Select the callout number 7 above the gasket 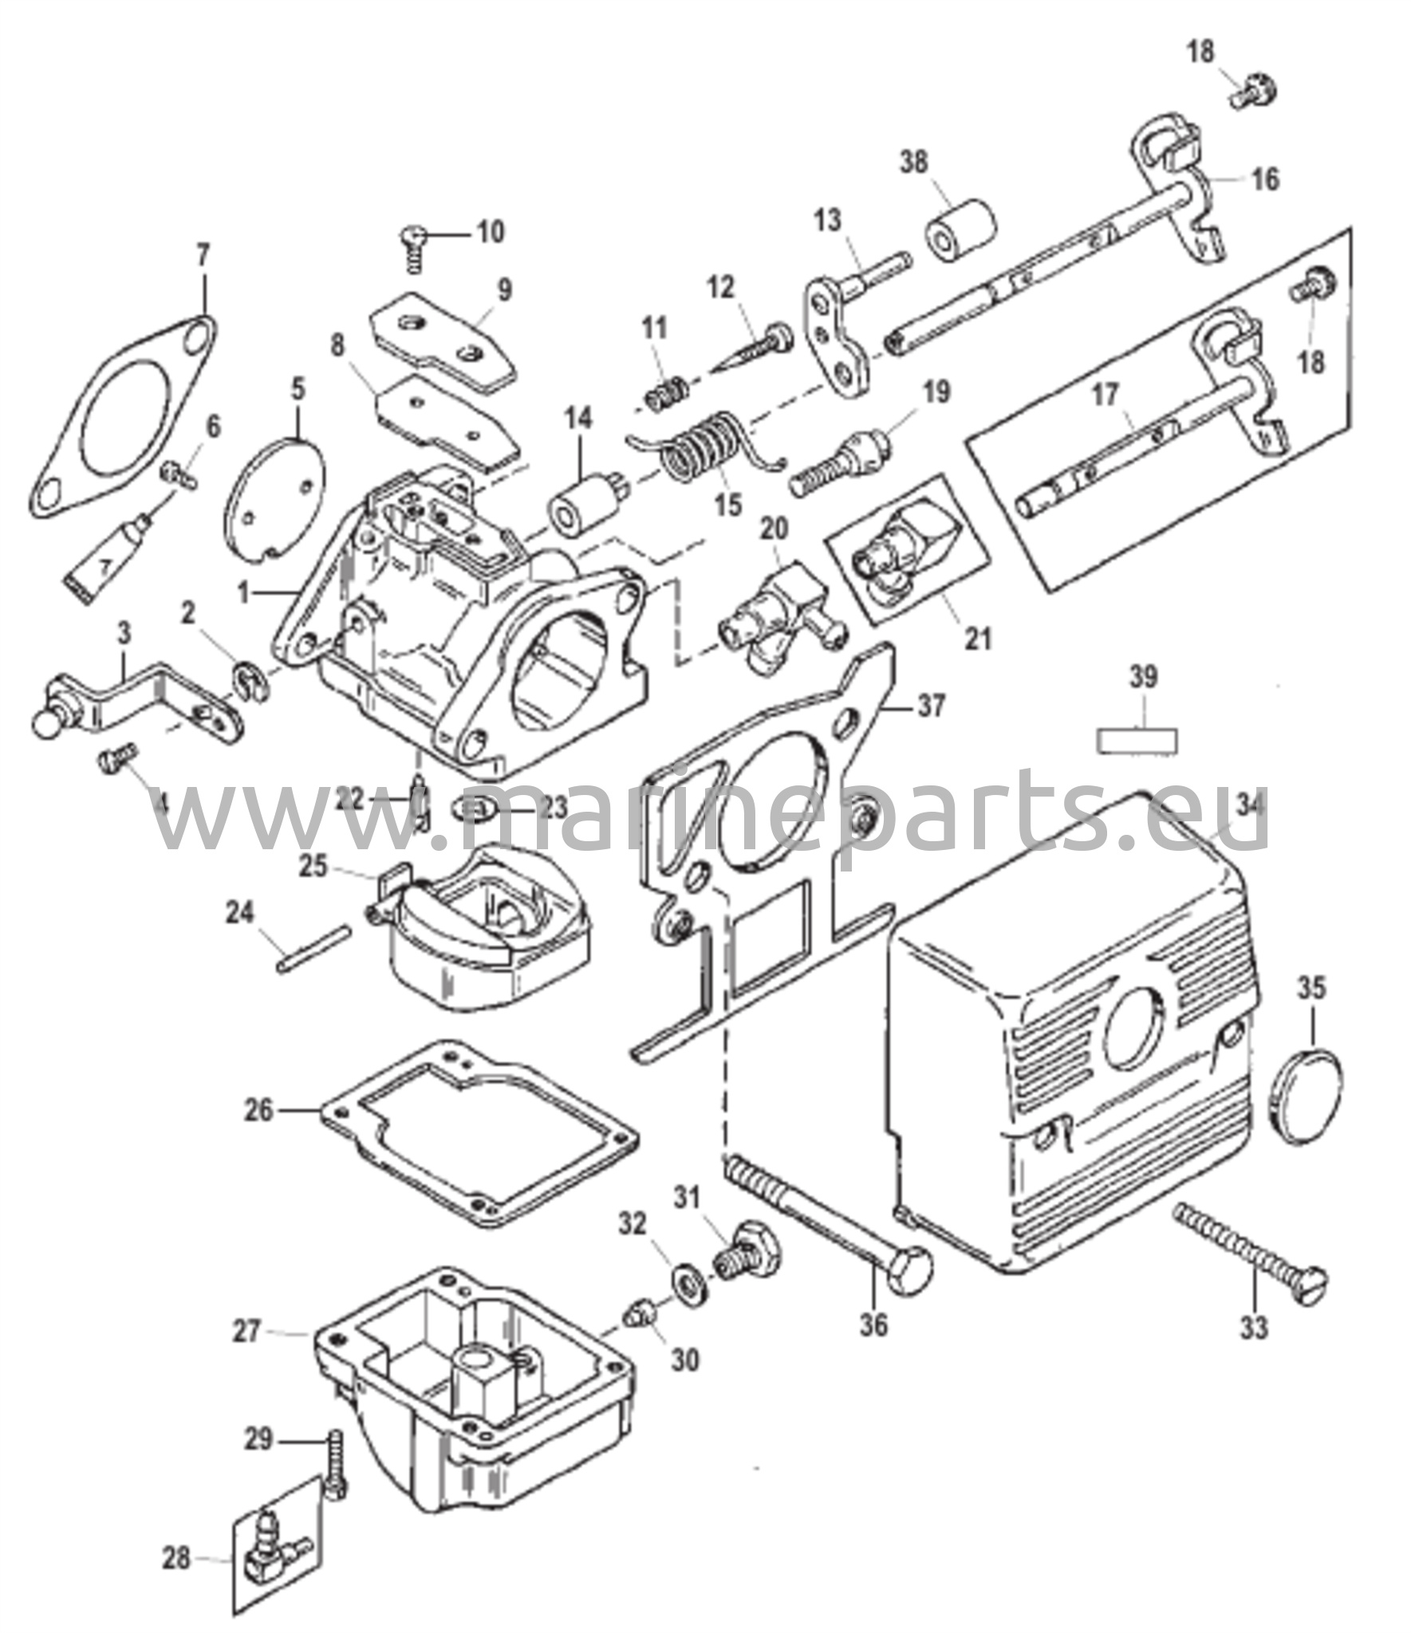click(x=203, y=257)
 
